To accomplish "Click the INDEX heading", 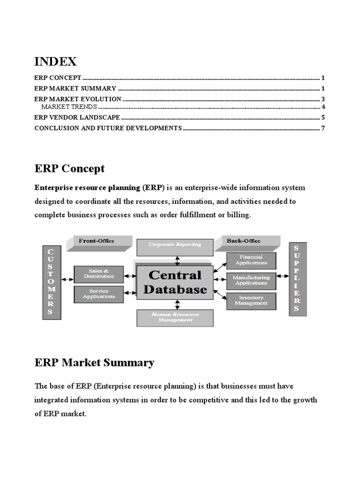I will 55,61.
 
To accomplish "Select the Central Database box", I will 174,282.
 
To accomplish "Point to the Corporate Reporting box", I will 175,245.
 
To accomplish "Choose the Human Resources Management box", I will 175,317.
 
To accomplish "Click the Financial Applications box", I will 251,260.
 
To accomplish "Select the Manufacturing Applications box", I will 251,280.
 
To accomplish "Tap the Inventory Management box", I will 251,300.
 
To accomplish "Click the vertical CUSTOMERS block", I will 51,282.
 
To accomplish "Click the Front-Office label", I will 96,241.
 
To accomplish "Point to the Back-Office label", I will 244,241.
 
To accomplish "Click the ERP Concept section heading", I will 69,168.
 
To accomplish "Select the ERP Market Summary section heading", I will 94,362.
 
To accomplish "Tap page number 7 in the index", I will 323,128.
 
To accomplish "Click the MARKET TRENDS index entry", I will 69,107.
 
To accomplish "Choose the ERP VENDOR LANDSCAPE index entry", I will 77,117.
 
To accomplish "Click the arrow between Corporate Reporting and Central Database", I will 177,259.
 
